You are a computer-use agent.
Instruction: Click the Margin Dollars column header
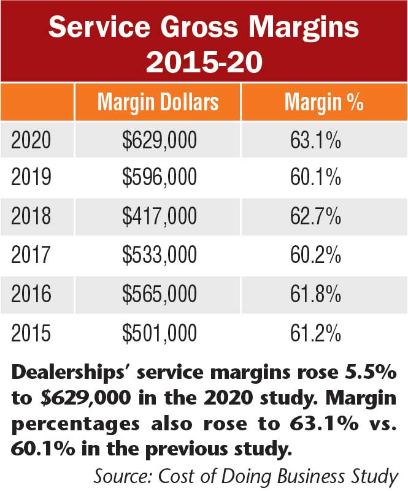158,102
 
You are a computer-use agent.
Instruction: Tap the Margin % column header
324,102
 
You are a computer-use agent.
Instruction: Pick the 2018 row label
31,217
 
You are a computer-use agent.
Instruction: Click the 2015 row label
31,333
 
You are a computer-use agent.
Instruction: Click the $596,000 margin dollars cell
160,179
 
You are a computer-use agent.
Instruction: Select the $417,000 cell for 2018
160,217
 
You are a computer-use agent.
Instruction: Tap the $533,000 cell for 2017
160,256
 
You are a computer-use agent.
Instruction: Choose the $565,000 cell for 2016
160,294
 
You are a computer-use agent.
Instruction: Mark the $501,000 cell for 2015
160,333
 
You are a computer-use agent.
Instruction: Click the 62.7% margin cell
315,217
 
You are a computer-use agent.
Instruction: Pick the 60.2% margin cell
315,256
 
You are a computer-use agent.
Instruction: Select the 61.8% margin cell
315,294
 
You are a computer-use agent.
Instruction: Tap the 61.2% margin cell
315,333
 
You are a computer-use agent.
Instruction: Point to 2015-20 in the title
204,62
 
